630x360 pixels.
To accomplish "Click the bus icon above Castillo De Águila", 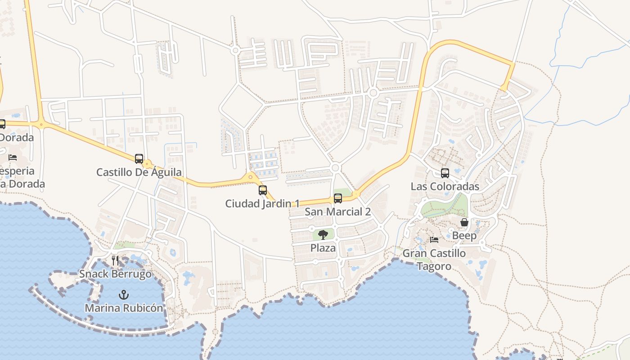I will pos(139,159).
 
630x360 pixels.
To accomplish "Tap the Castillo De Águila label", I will pos(139,172).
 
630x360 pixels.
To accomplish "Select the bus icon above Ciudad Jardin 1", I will pos(263,190).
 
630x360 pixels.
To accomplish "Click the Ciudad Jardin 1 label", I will pos(262,204).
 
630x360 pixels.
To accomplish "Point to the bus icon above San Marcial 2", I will pos(337,198).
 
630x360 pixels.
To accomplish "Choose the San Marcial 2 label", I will pos(337,212).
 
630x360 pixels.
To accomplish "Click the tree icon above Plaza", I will pos(323,234).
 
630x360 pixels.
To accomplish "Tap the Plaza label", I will pos(323,248).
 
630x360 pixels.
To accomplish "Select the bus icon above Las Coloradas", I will pos(445,173).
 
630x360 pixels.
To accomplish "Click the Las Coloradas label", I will pos(445,187).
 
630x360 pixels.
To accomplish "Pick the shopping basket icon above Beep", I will pos(464,223).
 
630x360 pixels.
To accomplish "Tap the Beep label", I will pos(464,236).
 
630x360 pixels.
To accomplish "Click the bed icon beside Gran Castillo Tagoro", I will pos(434,240).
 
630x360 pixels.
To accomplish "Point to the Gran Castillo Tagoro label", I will pos(434,260).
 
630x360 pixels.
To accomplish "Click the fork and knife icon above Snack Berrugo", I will pos(115,261).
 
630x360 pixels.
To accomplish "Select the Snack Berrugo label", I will pos(115,274).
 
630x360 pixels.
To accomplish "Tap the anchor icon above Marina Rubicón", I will pos(123,295).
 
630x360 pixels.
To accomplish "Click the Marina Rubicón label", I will pos(124,308).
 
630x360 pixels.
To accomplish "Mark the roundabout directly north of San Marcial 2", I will pos(335,168).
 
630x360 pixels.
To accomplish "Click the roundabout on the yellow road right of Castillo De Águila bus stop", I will pos(147,164).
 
